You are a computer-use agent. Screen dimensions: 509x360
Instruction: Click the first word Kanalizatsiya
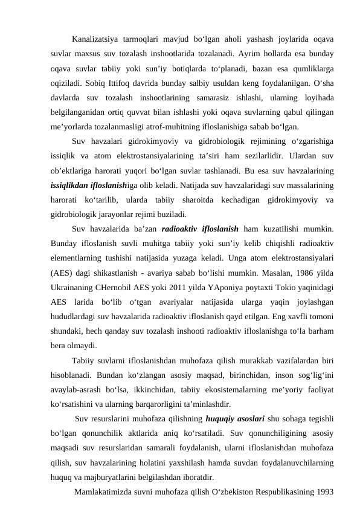pyautogui.click(x=94, y=41)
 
